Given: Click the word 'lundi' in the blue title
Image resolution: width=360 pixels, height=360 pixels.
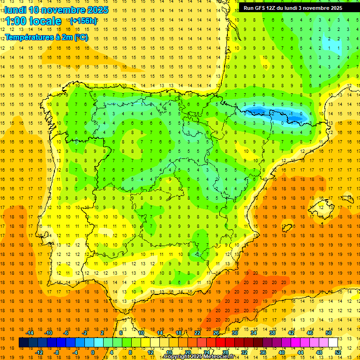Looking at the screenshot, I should (x=15, y=10).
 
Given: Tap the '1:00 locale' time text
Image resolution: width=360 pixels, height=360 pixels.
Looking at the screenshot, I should (x=33, y=21).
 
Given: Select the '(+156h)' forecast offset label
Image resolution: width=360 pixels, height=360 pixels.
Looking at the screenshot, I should (x=83, y=21).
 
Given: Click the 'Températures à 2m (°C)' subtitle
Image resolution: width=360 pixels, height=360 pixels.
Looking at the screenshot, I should (x=46, y=37).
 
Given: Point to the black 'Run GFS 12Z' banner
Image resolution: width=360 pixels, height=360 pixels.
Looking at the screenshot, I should (x=292, y=8).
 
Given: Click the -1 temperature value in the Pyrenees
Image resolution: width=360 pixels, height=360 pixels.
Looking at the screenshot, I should (x=292, y=113).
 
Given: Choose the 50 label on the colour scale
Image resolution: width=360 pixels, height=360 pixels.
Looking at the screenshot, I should (x=329, y=333).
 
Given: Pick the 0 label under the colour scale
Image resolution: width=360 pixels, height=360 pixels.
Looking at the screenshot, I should (x=93, y=352).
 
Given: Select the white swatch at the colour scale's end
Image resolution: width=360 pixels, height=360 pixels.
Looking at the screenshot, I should (x=333, y=343).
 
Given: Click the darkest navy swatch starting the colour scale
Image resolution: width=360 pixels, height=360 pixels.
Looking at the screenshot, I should (x=23, y=343).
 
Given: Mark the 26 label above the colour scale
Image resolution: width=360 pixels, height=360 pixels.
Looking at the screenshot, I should (x=216, y=333).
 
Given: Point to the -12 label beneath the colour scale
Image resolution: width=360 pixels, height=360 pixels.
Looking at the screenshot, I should (x=39, y=352).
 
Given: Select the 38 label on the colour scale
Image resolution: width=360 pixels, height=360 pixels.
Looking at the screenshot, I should (x=272, y=333).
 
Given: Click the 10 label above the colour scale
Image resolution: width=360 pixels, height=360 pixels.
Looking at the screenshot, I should (x=141, y=333).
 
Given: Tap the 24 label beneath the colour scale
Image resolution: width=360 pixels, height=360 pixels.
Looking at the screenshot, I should (x=206, y=352).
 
